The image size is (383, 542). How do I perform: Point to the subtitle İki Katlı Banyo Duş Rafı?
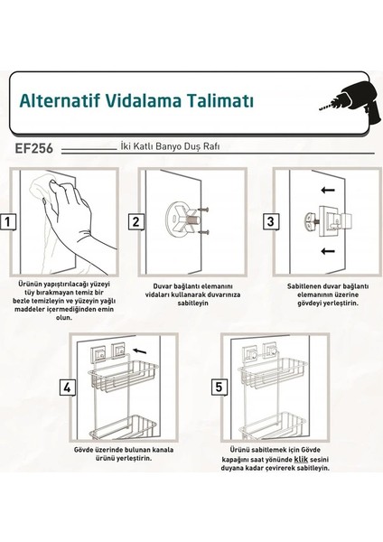click(169, 145)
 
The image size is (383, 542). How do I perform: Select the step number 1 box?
click(8, 220)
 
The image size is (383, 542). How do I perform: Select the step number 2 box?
click(135, 221)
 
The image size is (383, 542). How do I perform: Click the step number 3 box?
click(269, 221)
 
